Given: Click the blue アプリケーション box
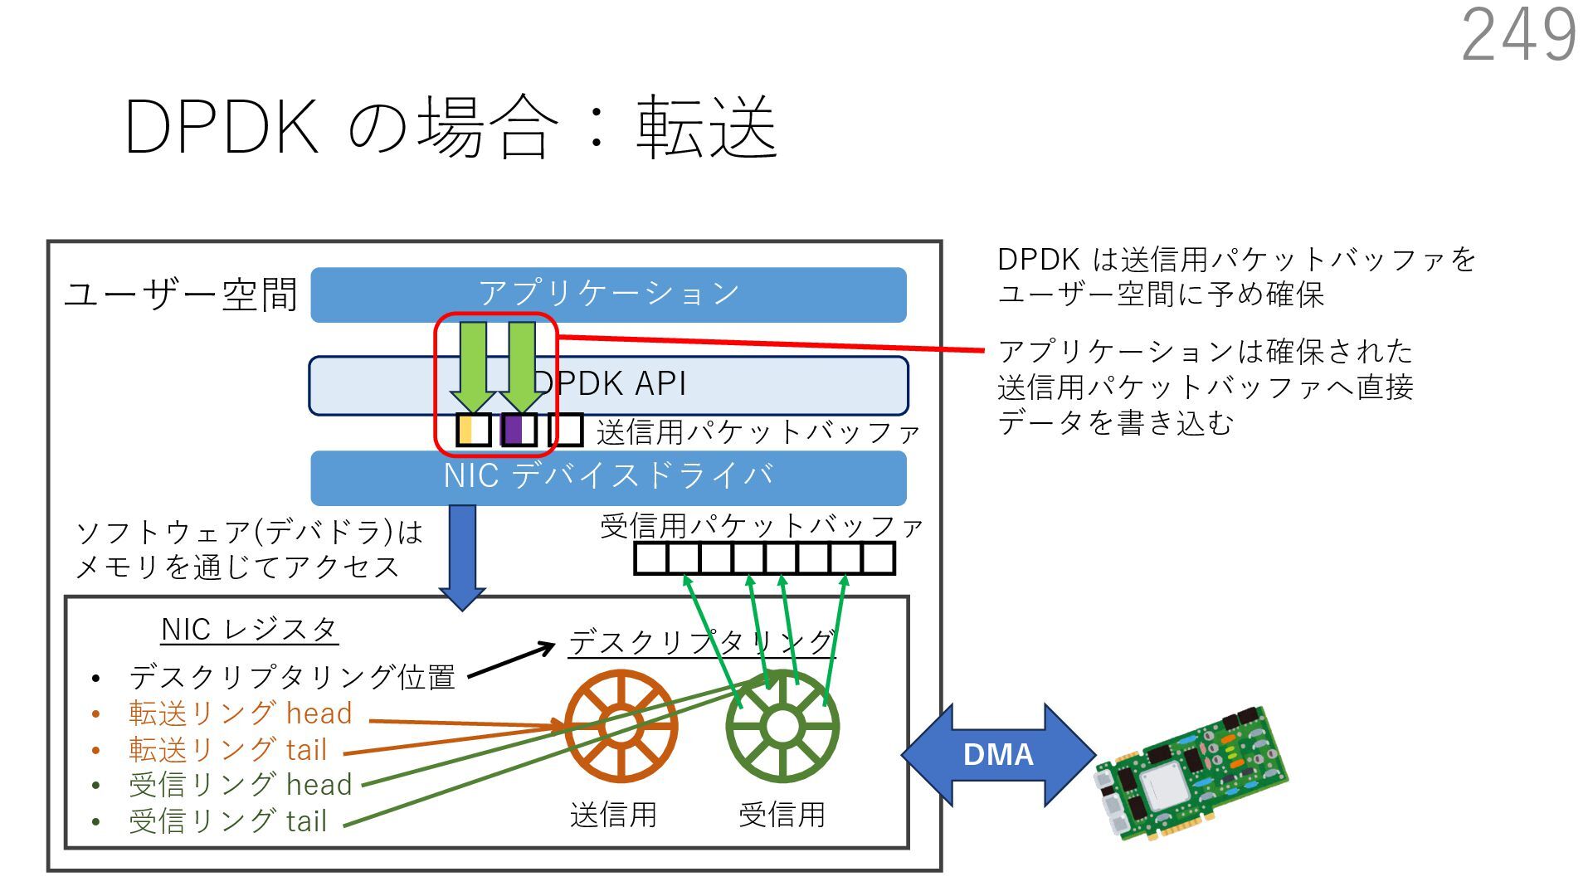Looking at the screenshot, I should (x=608, y=295).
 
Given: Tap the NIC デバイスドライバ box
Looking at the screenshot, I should (x=608, y=478).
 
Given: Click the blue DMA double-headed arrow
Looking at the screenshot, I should (x=998, y=755).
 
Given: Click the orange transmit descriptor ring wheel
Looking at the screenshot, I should (x=621, y=726).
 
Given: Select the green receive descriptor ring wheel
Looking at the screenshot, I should (x=782, y=726).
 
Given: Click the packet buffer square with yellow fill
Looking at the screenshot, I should (x=474, y=431).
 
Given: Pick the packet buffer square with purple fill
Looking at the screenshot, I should (x=519, y=431).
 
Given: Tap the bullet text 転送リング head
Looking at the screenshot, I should (x=241, y=713).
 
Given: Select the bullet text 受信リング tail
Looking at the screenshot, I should (x=228, y=821).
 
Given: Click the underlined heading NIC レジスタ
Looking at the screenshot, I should (x=249, y=630).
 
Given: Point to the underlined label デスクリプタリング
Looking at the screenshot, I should (x=701, y=642).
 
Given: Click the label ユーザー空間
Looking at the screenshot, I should (x=181, y=295).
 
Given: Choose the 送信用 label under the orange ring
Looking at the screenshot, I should (x=613, y=815).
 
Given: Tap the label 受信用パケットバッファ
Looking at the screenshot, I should (x=761, y=526).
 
